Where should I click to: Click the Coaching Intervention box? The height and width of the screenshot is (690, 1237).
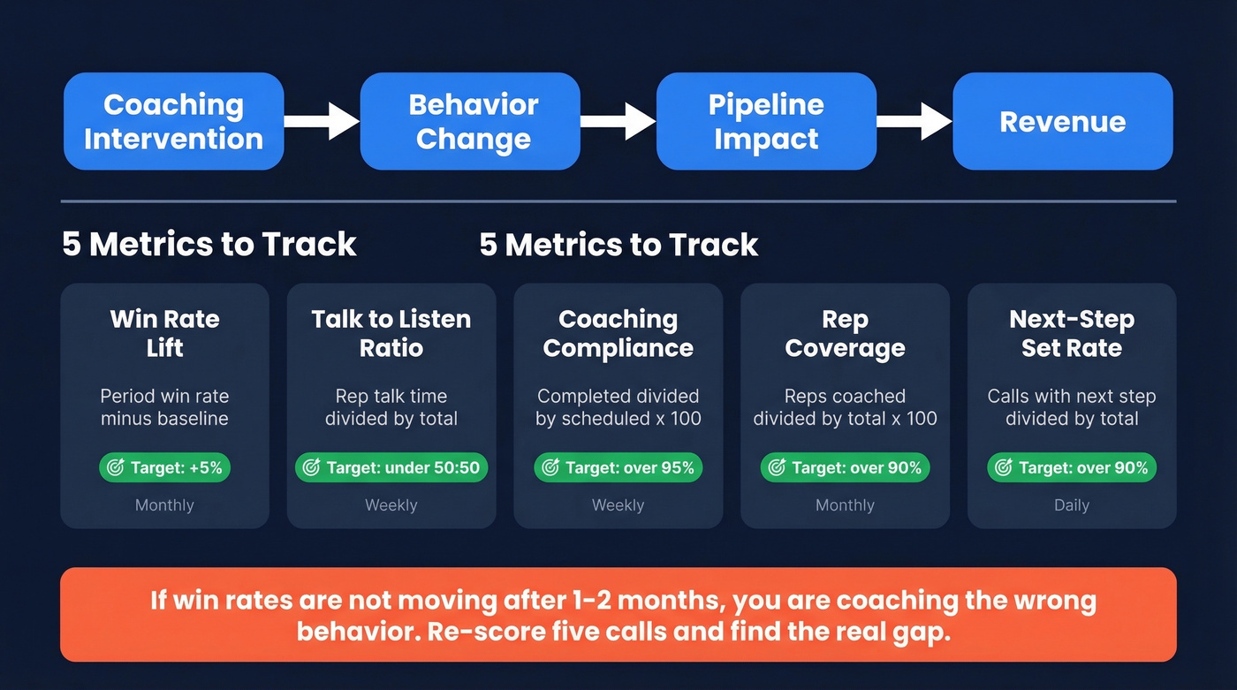(173, 121)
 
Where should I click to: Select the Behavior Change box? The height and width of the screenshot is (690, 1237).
(470, 121)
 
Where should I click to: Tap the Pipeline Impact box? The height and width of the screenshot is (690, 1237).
(766, 121)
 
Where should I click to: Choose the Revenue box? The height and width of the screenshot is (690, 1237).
(1062, 121)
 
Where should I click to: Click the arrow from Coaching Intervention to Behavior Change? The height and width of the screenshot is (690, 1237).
(322, 121)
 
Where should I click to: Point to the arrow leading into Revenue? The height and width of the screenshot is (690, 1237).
(914, 121)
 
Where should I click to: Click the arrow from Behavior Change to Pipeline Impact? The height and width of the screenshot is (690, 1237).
(618, 121)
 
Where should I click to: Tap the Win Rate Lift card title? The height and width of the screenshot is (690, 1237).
(164, 333)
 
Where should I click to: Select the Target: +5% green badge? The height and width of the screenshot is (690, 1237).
(164, 467)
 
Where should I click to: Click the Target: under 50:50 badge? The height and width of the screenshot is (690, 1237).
(391, 467)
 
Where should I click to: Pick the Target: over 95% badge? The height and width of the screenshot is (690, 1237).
(618, 467)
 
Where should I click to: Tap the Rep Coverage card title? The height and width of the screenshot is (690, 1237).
(845, 333)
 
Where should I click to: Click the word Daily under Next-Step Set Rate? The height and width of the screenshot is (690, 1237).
(1071, 505)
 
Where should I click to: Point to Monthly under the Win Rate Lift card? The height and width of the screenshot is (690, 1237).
(164, 505)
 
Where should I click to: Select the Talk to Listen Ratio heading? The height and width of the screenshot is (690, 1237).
(391, 333)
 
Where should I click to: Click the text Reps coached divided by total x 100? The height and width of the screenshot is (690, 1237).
(845, 407)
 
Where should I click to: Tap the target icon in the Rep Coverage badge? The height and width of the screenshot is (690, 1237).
(777, 467)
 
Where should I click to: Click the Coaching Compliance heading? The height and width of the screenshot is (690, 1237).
(618, 333)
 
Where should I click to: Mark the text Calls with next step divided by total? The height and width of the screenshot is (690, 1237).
(1071, 407)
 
